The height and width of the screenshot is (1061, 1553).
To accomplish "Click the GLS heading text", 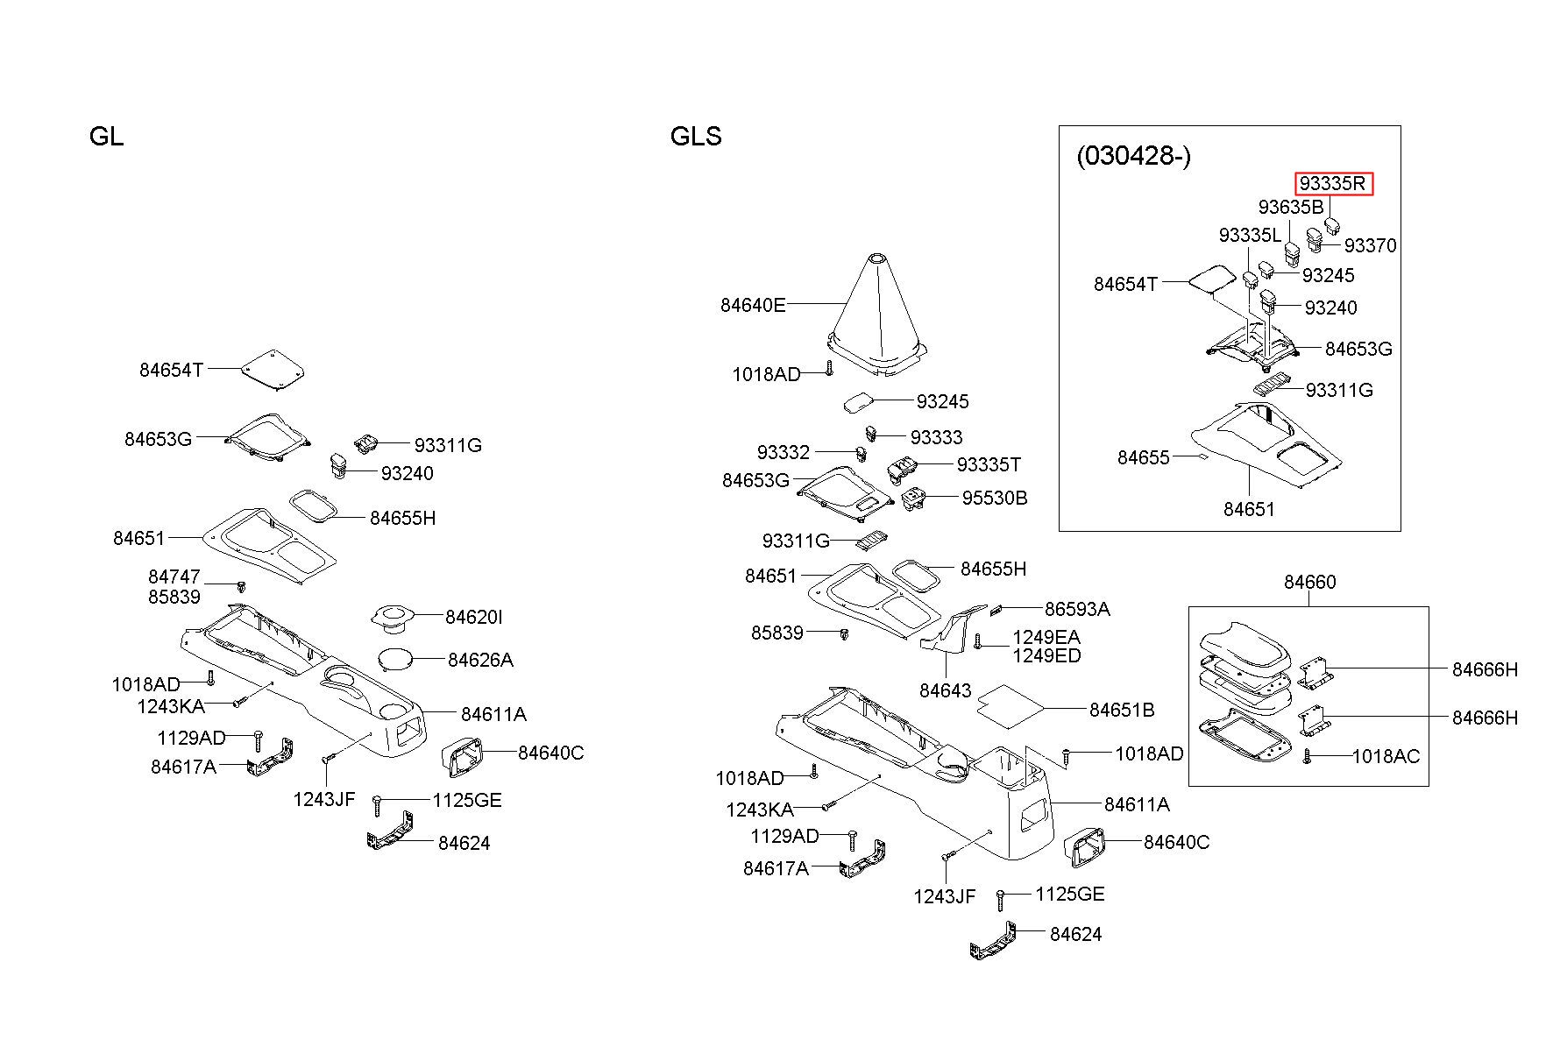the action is click(696, 137).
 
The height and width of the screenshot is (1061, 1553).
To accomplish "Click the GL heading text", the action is click(106, 137).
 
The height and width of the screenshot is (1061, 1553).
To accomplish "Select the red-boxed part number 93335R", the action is click(1333, 184).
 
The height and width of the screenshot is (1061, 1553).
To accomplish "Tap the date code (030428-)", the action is click(1133, 156).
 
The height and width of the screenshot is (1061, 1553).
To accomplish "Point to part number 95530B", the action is click(994, 498).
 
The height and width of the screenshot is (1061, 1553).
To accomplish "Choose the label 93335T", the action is click(989, 464).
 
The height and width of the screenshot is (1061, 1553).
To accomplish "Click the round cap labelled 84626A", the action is click(395, 658).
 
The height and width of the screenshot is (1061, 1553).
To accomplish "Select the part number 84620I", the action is click(473, 618).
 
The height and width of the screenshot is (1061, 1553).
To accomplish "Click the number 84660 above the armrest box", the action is click(1310, 582).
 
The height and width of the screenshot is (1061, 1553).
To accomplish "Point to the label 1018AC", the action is click(1385, 756).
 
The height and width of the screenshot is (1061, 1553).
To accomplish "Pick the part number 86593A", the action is click(1077, 609).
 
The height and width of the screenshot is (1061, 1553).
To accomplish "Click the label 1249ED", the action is click(1046, 656).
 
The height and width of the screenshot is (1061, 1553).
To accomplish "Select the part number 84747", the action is click(174, 577).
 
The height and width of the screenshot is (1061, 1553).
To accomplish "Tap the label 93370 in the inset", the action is click(1370, 246).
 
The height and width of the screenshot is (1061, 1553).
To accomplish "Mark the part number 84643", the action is click(946, 690).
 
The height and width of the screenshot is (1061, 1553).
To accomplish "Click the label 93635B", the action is click(1291, 208).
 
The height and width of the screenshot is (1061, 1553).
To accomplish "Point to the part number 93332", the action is click(784, 452).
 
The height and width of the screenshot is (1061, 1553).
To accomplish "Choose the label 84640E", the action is click(753, 305).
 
